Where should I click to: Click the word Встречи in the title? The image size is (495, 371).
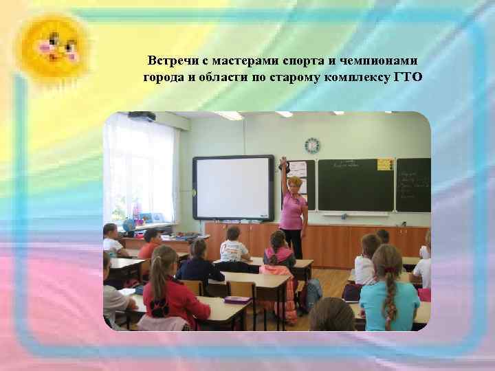[x=173, y=61]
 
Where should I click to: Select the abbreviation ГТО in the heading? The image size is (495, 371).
[x=408, y=76]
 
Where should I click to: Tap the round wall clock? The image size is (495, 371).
[x=312, y=145]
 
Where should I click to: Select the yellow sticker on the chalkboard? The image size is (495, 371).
[x=385, y=164]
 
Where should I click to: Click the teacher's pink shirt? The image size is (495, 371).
[x=293, y=209]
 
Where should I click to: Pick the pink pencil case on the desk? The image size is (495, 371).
[x=236, y=300]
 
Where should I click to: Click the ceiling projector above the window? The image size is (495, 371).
[x=142, y=116]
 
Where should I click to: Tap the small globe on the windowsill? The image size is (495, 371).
[x=128, y=225]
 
